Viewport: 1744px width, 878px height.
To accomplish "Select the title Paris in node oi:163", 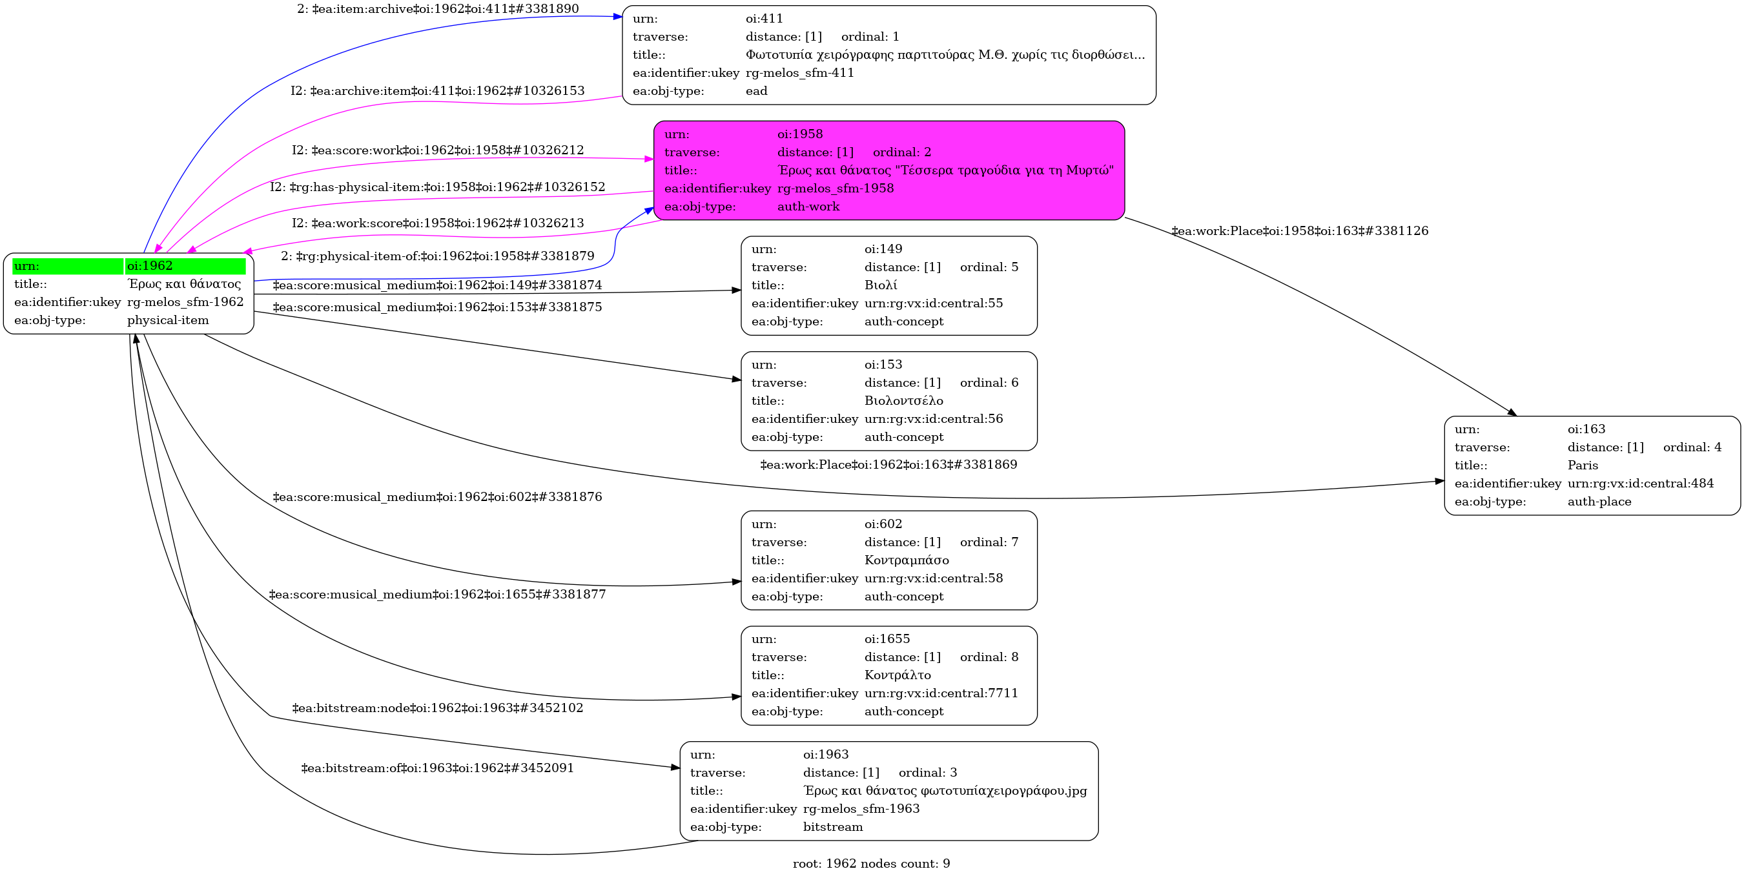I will pos(1582,465).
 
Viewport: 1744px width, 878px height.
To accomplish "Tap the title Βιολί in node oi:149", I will pos(880,285).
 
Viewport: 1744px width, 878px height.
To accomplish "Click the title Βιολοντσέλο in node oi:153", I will pos(903,401).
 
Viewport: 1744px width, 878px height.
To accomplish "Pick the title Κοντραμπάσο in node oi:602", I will pos(906,560).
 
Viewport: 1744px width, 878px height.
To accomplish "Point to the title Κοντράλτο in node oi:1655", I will pos(897,675).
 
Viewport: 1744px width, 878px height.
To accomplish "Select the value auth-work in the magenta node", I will pos(808,207).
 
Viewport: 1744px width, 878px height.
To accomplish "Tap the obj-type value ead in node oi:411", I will pos(756,91).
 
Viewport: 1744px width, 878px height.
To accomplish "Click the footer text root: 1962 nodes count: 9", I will pos(870,863).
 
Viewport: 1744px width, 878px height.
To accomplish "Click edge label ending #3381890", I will pos(437,9).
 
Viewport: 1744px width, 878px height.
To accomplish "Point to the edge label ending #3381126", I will pos(1299,231).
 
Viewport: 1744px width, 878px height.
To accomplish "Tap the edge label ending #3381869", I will pos(888,464).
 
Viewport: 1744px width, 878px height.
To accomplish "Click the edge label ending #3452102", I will pos(437,708).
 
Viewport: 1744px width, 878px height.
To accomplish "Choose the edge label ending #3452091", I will pos(437,768).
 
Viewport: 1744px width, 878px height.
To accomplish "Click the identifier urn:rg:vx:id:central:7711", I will pos(940,693).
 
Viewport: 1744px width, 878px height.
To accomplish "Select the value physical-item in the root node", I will pos(168,320).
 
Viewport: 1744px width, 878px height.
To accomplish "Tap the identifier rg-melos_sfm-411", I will pos(799,72).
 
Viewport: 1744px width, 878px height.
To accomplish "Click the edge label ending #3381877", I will pos(437,595).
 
